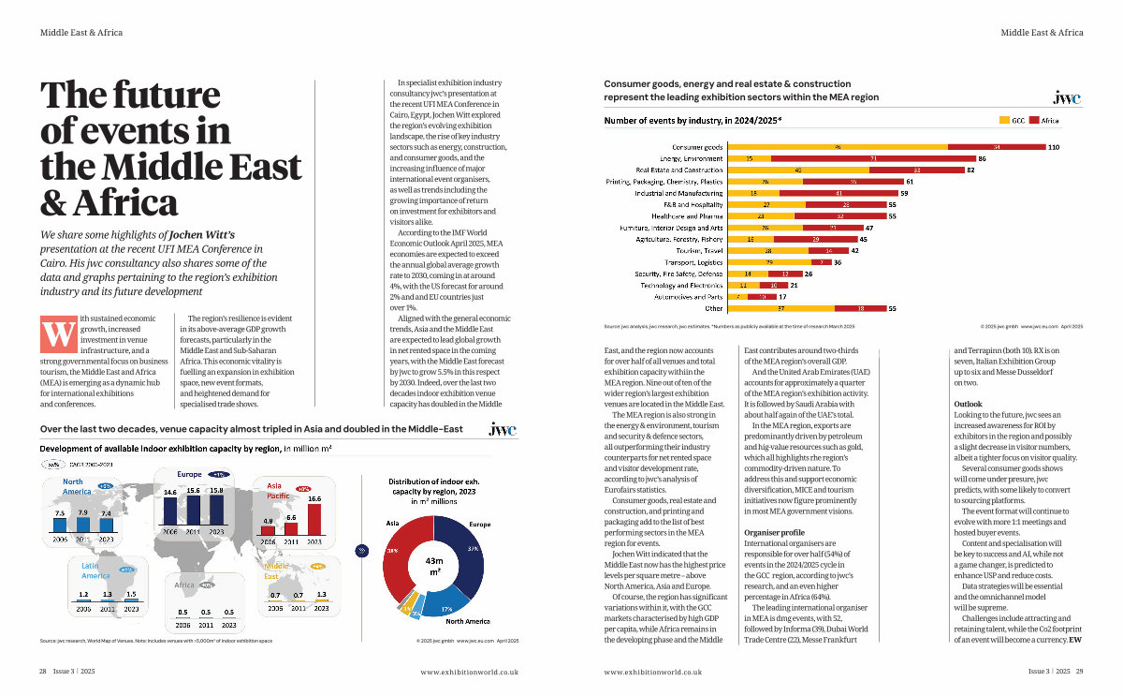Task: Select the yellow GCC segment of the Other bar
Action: [x=780, y=307]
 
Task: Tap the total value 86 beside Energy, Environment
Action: [x=983, y=159]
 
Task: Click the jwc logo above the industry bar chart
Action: [x=1066, y=97]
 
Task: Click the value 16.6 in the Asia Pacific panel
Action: [x=314, y=499]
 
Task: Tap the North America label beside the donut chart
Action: [x=467, y=621]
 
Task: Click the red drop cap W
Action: [x=58, y=334]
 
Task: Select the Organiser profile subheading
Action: [x=774, y=532]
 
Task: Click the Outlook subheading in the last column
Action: [x=968, y=403]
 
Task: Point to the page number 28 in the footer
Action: [x=43, y=671]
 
